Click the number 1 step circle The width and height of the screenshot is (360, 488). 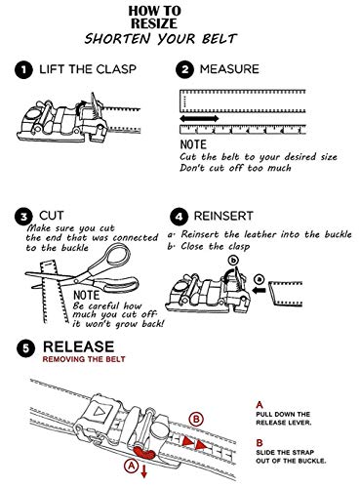23,70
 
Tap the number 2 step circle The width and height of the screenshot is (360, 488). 184,70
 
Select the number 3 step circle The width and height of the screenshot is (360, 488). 23,217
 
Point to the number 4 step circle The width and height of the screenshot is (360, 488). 179,217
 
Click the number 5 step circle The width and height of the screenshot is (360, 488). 25,348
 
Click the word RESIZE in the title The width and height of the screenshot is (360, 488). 154,23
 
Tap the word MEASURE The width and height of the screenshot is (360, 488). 229,69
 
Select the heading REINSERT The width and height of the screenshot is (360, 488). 223,216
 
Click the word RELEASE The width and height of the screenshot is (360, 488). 78,346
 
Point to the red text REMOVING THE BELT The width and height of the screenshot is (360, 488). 84,359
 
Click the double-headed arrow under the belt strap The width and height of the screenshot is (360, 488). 199,118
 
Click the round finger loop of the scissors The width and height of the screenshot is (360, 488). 118,256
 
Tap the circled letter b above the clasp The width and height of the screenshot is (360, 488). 233,261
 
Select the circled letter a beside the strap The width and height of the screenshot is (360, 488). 260,279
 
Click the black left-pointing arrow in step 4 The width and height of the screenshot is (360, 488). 260,291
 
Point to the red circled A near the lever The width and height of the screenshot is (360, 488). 131,467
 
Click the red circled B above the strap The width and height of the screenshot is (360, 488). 196,419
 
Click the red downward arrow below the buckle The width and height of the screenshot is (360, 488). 143,471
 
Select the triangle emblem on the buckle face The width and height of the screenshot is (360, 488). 99,412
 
